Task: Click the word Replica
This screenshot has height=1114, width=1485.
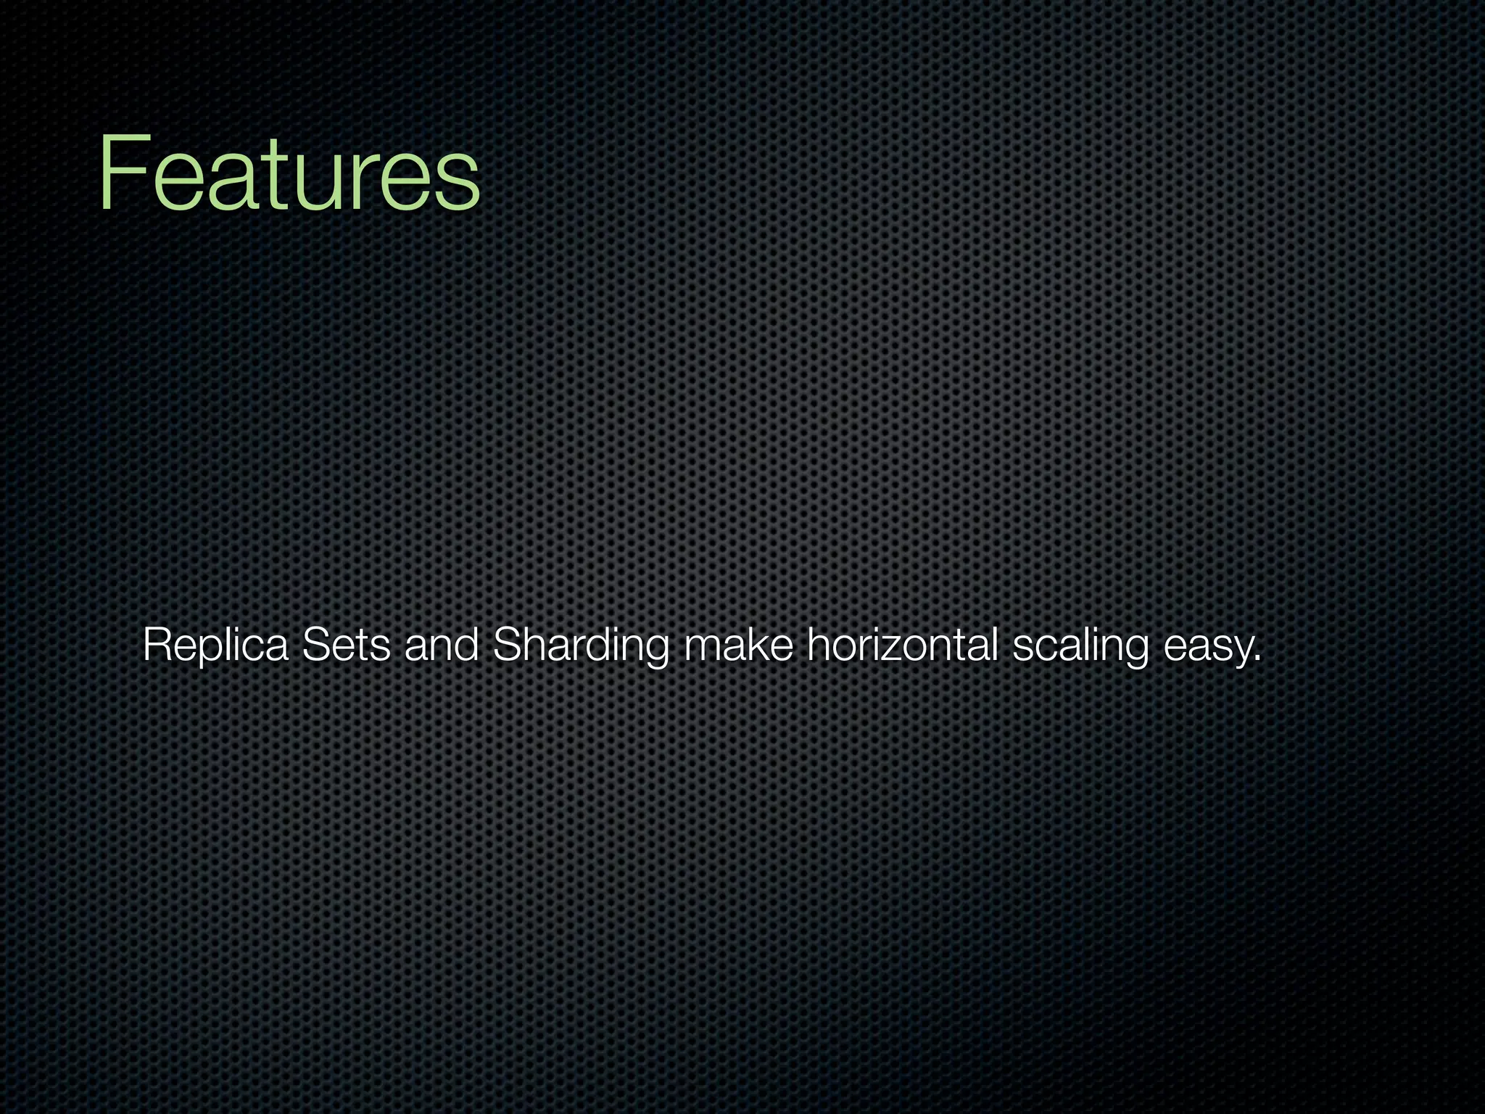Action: pyautogui.click(x=215, y=645)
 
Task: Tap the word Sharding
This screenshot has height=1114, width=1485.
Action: pyautogui.click(x=580, y=645)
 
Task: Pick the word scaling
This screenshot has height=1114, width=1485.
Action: pyautogui.click(x=1080, y=645)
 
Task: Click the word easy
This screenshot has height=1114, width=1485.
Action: pyautogui.click(x=1207, y=645)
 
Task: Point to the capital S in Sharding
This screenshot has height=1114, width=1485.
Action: pyautogui.click(x=506, y=645)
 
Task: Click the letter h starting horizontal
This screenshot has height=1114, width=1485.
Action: pyautogui.click(x=816, y=645)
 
